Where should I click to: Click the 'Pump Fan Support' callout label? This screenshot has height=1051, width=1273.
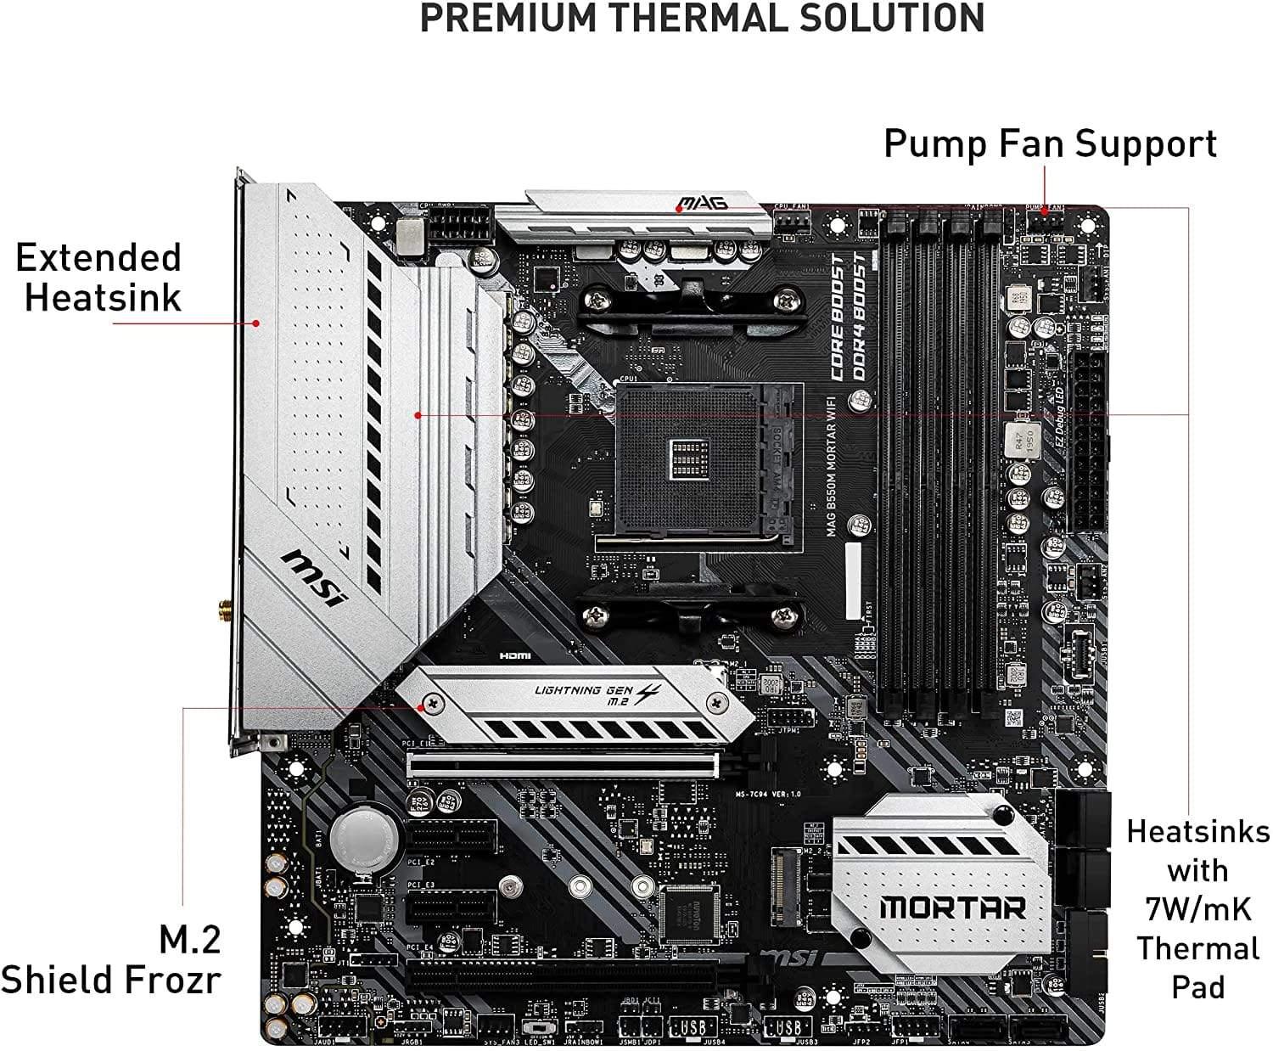[x=1050, y=143]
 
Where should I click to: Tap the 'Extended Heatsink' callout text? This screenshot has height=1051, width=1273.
[x=100, y=278]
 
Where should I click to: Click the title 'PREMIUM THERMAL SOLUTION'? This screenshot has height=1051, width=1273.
[x=702, y=19]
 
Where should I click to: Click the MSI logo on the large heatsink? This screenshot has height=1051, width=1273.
[x=315, y=576]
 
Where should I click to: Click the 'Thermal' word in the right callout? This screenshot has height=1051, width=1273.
[x=1197, y=948]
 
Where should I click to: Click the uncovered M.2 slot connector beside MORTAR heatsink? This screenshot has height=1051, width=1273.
[x=783, y=883]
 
